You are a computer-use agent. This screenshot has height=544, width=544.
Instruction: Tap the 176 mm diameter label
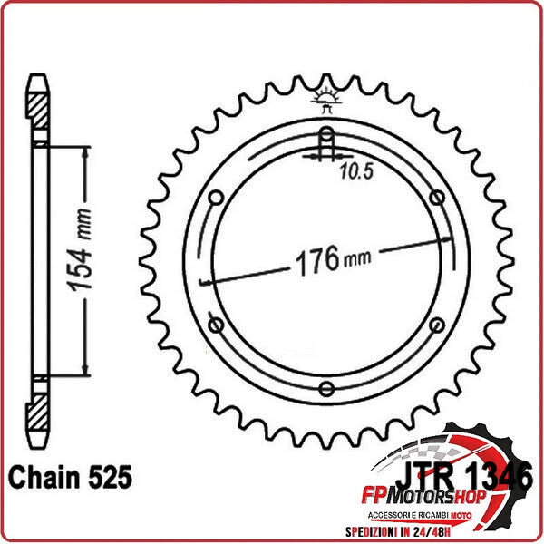click(x=332, y=260)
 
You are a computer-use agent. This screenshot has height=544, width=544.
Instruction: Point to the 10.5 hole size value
click(x=356, y=170)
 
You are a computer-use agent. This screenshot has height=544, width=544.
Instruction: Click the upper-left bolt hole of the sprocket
click(x=215, y=199)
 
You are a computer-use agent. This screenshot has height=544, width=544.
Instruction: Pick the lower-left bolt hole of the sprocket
click(x=215, y=325)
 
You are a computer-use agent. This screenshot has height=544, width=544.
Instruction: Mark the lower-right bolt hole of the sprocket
click(x=438, y=325)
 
